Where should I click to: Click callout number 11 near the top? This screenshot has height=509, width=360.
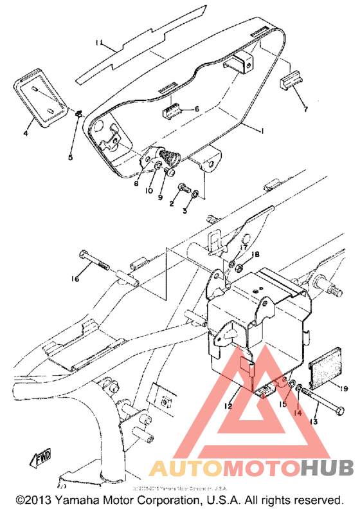[99, 43]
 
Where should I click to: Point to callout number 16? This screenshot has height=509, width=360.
[76, 279]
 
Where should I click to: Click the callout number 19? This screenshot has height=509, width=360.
[343, 388]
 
